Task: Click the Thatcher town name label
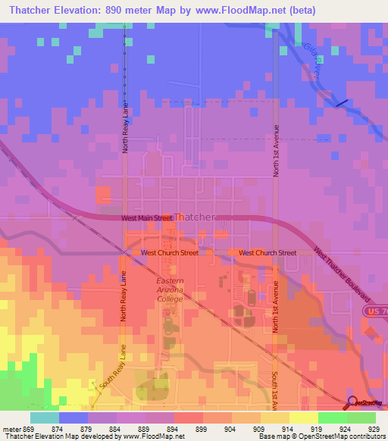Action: point(195,217)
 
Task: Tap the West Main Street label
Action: point(147,218)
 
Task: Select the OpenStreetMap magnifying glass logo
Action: point(352,402)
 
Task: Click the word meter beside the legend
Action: point(14,427)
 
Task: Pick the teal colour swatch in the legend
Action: point(44,417)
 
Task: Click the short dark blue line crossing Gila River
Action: point(342,103)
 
